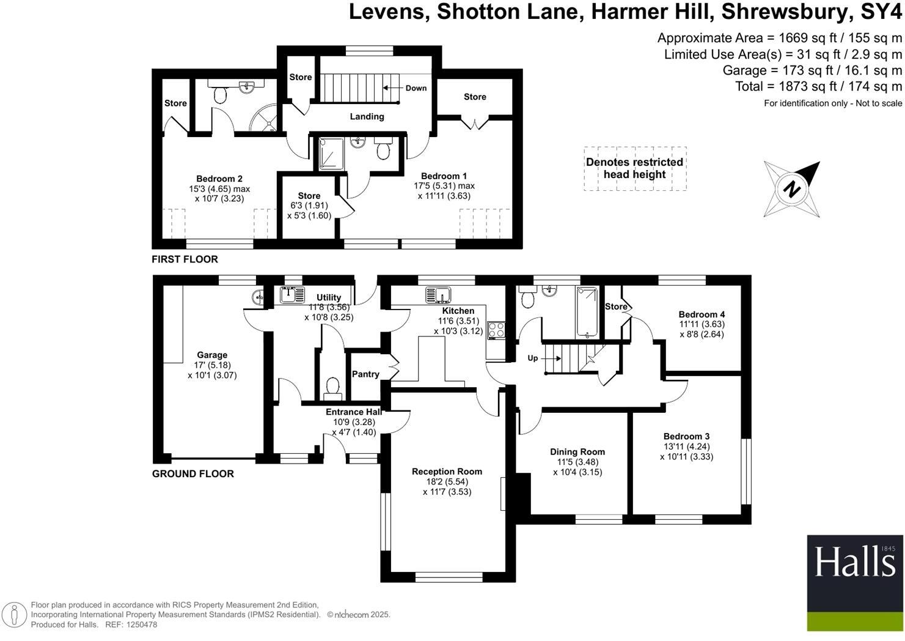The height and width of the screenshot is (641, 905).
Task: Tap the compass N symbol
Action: [x=791, y=189]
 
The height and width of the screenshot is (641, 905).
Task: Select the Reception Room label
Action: [x=447, y=472]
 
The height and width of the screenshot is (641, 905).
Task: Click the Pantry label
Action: [x=365, y=374]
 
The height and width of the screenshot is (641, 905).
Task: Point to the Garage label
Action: [x=212, y=355]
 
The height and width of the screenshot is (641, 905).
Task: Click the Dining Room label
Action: [x=577, y=452]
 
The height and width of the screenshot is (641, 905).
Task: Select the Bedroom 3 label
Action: [x=686, y=436]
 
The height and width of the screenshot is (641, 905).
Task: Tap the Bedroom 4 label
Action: [x=702, y=314]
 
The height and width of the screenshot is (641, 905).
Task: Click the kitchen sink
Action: [x=438, y=295]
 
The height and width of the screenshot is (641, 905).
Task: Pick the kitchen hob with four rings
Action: [x=496, y=330]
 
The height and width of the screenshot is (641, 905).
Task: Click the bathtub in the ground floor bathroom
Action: [x=587, y=312]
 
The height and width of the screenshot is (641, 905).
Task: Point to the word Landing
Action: [x=367, y=116]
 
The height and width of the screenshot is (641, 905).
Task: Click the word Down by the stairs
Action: [x=416, y=88]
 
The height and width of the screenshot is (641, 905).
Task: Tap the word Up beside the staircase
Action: [x=532, y=358]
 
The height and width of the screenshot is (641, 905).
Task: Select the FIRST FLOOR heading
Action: [x=185, y=259]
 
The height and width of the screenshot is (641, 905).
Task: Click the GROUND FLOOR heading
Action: [x=192, y=473]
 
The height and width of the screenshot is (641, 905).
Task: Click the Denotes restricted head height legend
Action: [x=634, y=168]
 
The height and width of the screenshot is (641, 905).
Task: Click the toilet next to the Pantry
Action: [x=332, y=387]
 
